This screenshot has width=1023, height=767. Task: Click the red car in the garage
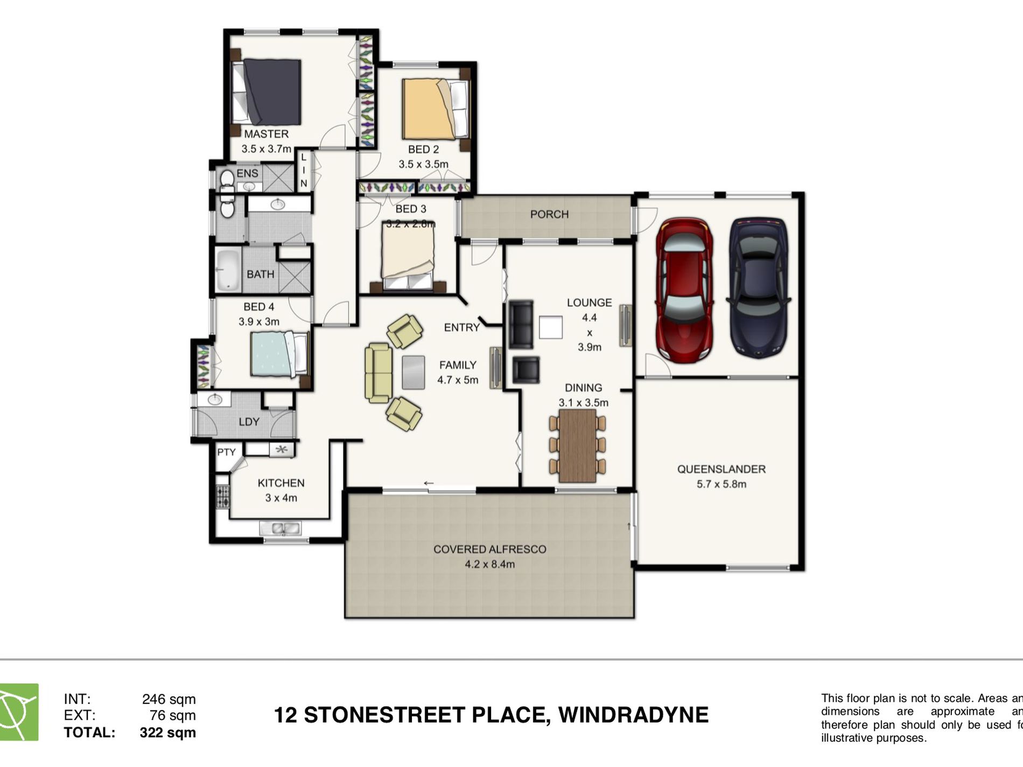pyautogui.click(x=684, y=290)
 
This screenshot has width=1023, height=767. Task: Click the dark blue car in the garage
pyautogui.click(x=758, y=288)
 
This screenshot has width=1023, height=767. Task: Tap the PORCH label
pyautogui.click(x=549, y=214)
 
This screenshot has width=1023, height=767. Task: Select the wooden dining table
pyautogui.click(x=577, y=446)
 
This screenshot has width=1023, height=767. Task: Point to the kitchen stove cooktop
pyautogui.click(x=222, y=496)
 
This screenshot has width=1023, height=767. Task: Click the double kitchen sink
pyautogui.click(x=280, y=528)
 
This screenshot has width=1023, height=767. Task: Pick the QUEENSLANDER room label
pyautogui.click(x=721, y=469)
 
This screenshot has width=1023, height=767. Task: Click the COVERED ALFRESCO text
pyautogui.click(x=489, y=549)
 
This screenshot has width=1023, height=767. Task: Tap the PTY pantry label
pyautogui.click(x=226, y=452)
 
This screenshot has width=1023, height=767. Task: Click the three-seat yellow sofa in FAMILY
pyautogui.click(x=379, y=373)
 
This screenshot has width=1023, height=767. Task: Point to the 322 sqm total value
pyautogui.click(x=167, y=733)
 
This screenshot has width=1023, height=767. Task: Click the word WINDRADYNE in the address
pyautogui.click(x=633, y=715)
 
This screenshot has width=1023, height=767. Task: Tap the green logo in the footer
pyautogui.click(x=19, y=712)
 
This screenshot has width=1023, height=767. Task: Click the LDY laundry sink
pyautogui.click(x=214, y=399)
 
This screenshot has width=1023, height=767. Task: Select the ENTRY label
pyautogui.click(x=461, y=327)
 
